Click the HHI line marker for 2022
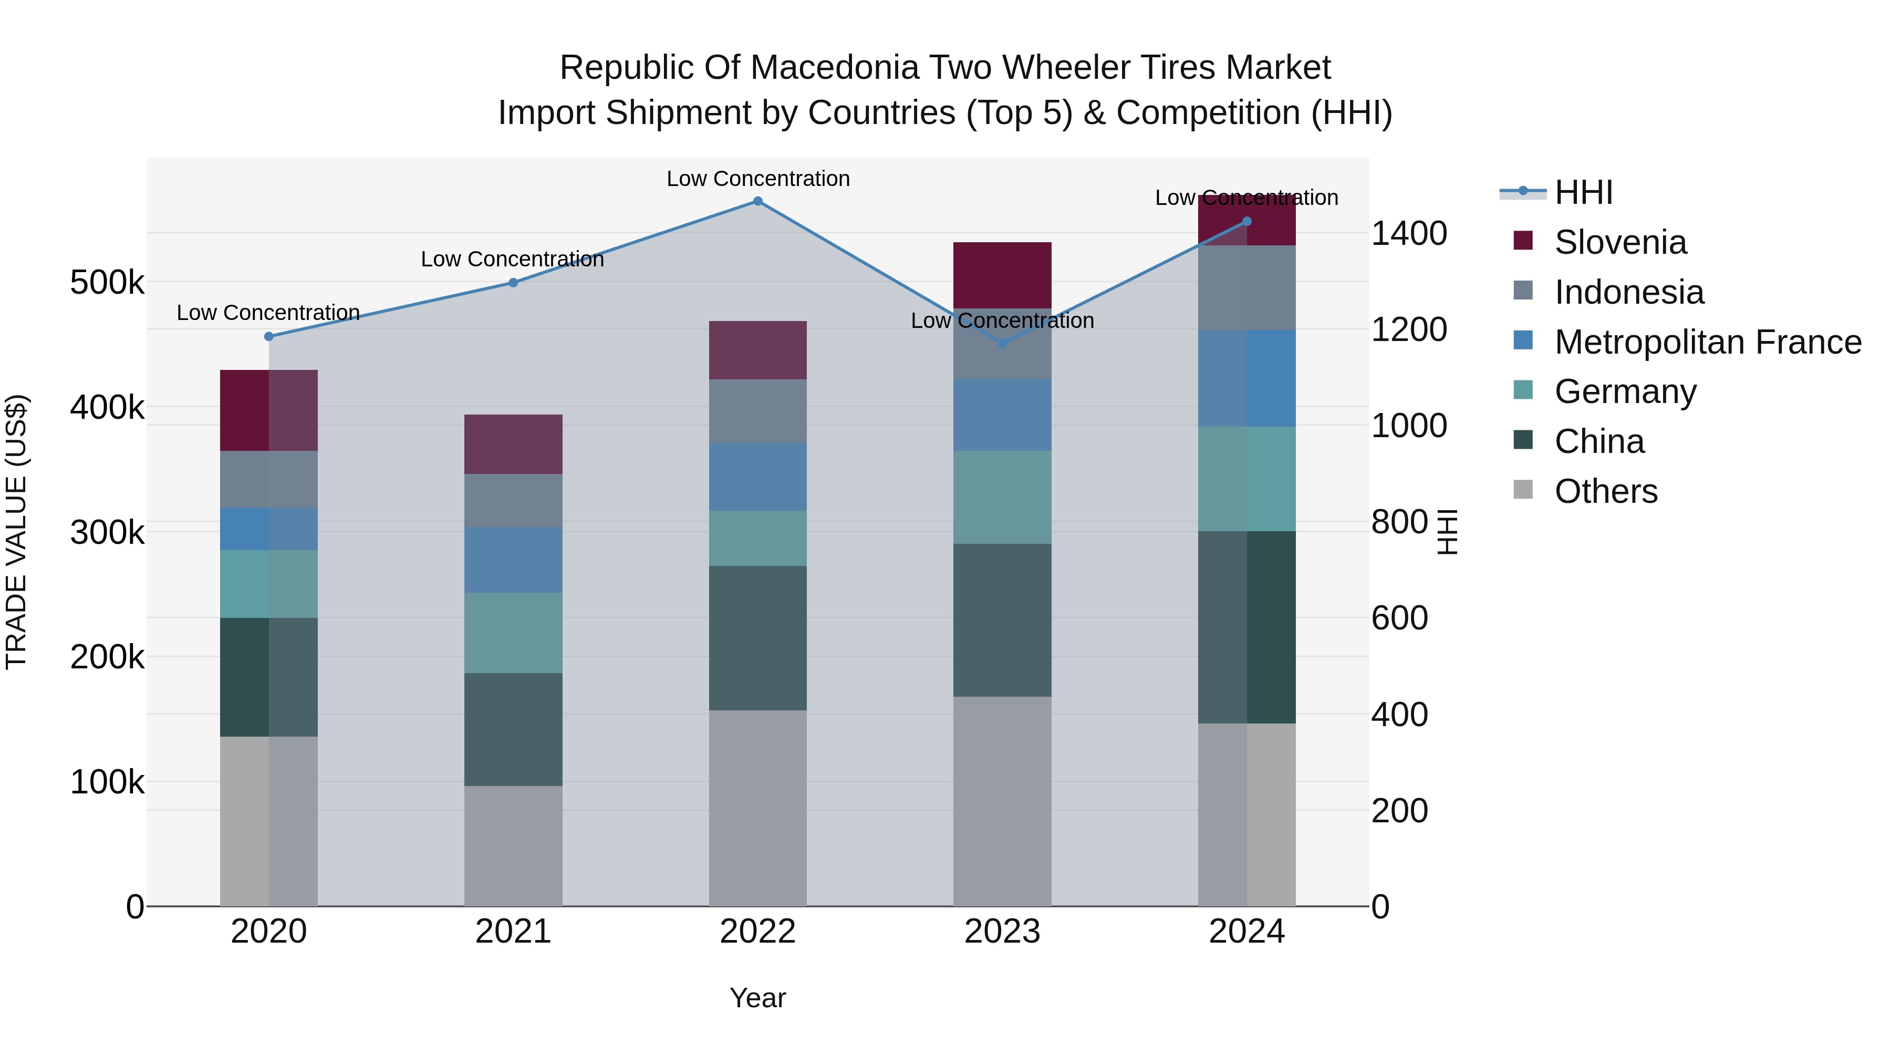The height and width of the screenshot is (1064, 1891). [757, 201]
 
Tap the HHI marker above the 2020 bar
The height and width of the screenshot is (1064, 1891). [268, 336]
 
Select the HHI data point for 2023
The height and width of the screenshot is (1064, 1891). [1002, 343]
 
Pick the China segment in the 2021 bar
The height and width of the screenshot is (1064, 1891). [513, 729]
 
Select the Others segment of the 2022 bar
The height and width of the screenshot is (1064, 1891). [757, 808]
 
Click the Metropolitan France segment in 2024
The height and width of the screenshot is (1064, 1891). [1246, 378]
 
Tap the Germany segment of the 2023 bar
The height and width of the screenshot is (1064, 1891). [1002, 497]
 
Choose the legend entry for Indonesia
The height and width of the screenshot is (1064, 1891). [1628, 292]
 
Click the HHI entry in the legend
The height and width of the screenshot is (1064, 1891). [1583, 192]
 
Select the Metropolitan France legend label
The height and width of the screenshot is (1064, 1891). [1708, 342]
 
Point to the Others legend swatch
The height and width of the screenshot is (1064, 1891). [1523, 490]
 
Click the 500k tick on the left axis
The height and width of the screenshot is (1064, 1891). [107, 283]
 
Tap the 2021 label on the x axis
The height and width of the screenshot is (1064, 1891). [513, 932]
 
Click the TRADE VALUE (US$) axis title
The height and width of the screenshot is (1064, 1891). [16, 532]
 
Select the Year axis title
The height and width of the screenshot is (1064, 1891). [757, 998]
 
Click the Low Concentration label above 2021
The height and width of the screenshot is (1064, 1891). [512, 259]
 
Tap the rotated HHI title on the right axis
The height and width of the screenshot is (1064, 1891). [1446, 532]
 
